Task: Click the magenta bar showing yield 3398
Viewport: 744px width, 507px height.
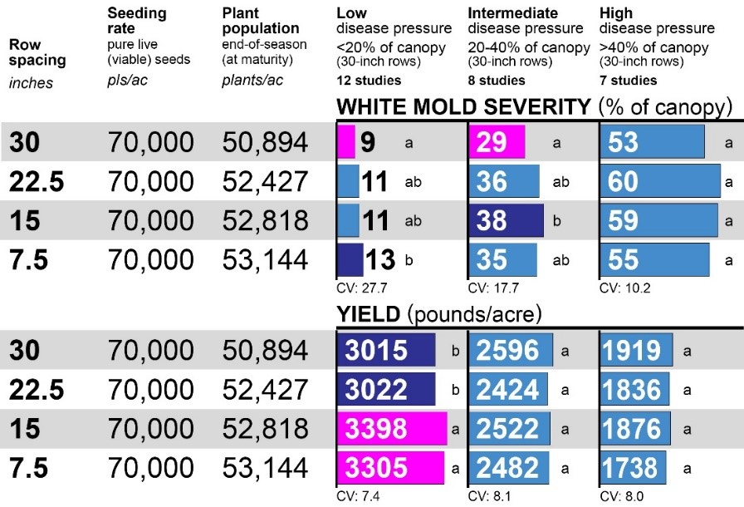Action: (x=391, y=428)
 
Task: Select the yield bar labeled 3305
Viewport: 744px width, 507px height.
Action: (x=390, y=467)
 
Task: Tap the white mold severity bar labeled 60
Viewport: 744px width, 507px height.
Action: (x=659, y=181)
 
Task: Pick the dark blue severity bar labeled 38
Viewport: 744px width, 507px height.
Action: (x=506, y=220)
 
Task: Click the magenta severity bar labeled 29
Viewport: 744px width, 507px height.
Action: (x=497, y=142)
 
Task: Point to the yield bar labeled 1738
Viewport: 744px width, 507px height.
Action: (x=633, y=467)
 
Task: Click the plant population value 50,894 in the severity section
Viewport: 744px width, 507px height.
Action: (x=265, y=142)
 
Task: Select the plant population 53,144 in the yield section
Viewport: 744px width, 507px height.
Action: (x=265, y=467)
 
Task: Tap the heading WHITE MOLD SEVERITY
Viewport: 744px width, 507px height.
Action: (x=463, y=107)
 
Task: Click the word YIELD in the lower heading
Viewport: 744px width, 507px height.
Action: (x=369, y=314)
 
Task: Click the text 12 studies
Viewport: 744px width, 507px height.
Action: (x=369, y=81)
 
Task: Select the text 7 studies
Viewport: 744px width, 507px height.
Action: (x=628, y=81)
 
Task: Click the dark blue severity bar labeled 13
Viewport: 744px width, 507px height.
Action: (x=350, y=259)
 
